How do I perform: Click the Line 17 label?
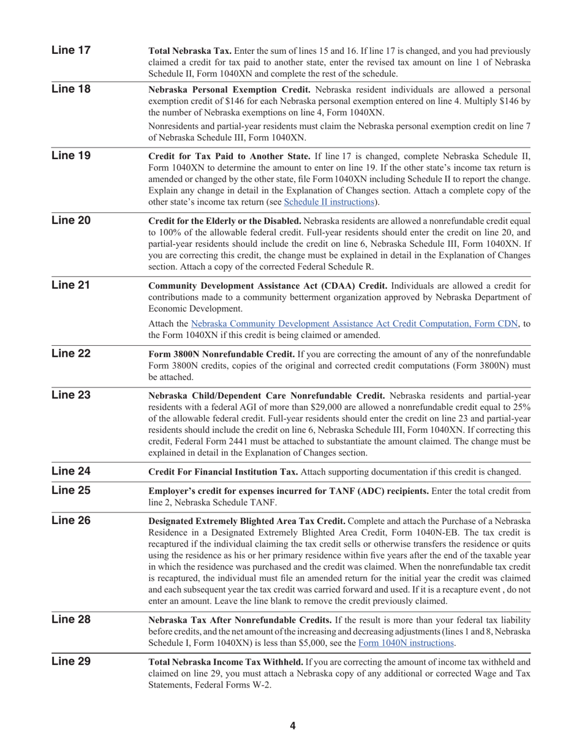(x=71, y=50)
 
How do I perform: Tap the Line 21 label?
(x=71, y=285)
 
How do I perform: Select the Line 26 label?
(x=71, y=520)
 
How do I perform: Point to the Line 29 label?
(x=71, y=661)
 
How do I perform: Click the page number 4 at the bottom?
(x=292, y=726)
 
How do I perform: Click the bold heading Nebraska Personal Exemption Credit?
(x=230, y=90)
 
